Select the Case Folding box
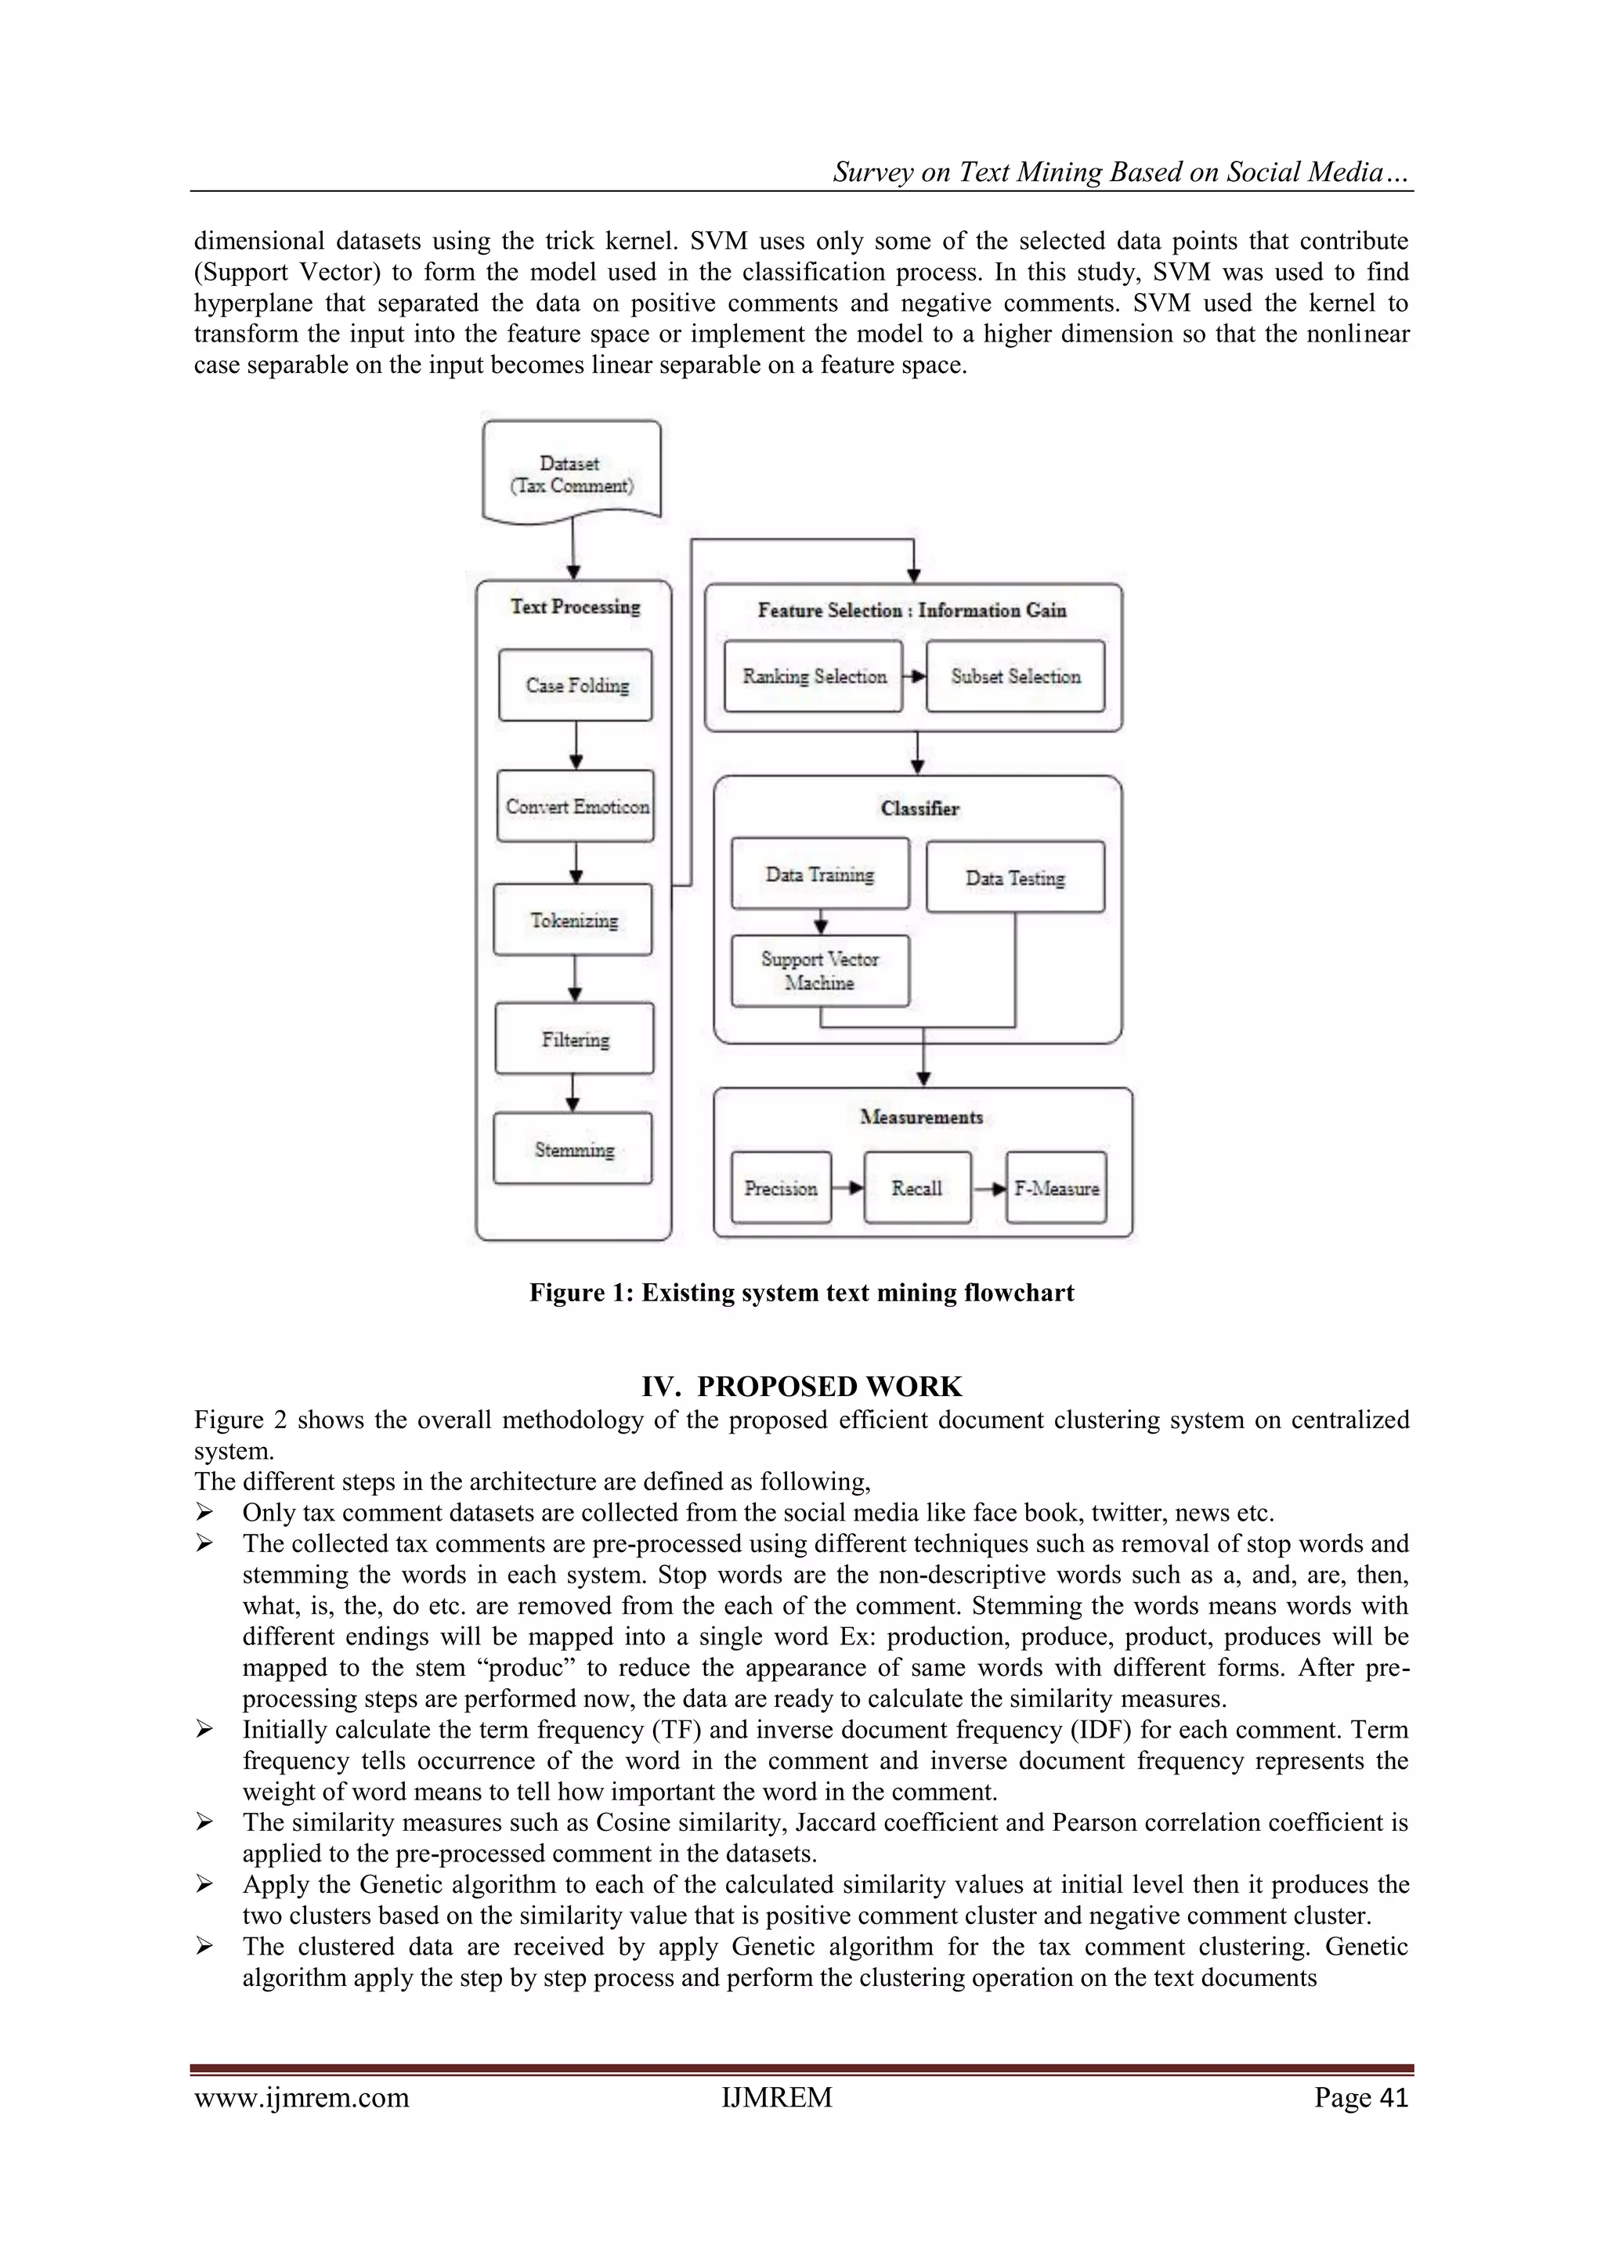point(576,685)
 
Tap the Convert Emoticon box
point(576,806)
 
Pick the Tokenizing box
point(573,920)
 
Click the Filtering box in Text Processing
point(575,1038)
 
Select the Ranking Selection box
point(813,677)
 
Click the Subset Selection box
point(1015,677)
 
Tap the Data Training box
point(820,874)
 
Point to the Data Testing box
point(1015,877)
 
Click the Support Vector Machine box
point(820,971)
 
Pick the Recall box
point(916,1188)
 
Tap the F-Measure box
point(1056,1188)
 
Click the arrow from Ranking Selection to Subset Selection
point(915,677)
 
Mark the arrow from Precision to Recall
point(847,1188)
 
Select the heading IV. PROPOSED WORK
point(801,1386)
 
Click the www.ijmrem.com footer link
point(302,2097)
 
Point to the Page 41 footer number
point(1360,2097)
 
